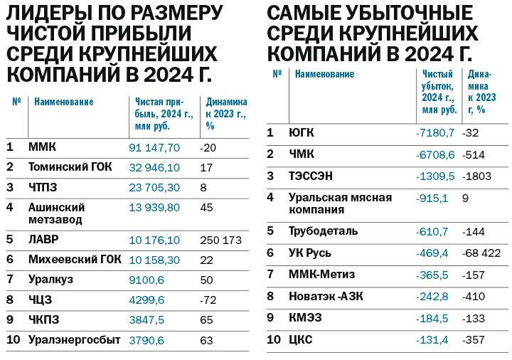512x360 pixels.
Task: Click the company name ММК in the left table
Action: click(x=42, y=147)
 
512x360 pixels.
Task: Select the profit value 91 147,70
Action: click(x=154, y=147)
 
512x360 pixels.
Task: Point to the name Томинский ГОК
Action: click(x=69, y=167)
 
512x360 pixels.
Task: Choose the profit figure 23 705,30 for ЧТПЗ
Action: click(x=154, y=187)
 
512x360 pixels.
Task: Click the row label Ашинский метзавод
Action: click(x=57, y=213)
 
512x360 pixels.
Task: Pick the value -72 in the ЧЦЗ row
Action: click(x=208, y=300)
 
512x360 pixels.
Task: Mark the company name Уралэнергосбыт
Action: click(x=75, y=340)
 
